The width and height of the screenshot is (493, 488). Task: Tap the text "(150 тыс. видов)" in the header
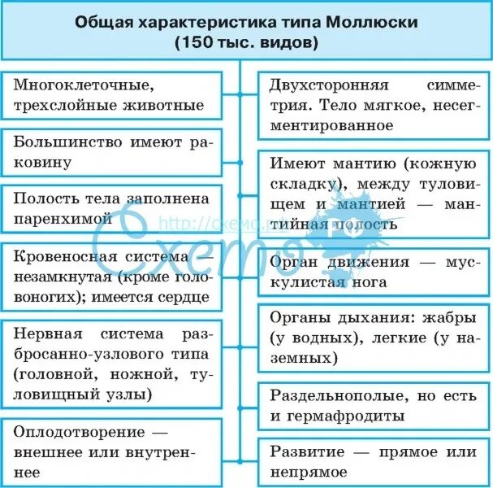(245, 43)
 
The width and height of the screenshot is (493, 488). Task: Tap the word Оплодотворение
(71, 431)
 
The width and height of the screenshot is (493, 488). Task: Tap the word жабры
(414, 316)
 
